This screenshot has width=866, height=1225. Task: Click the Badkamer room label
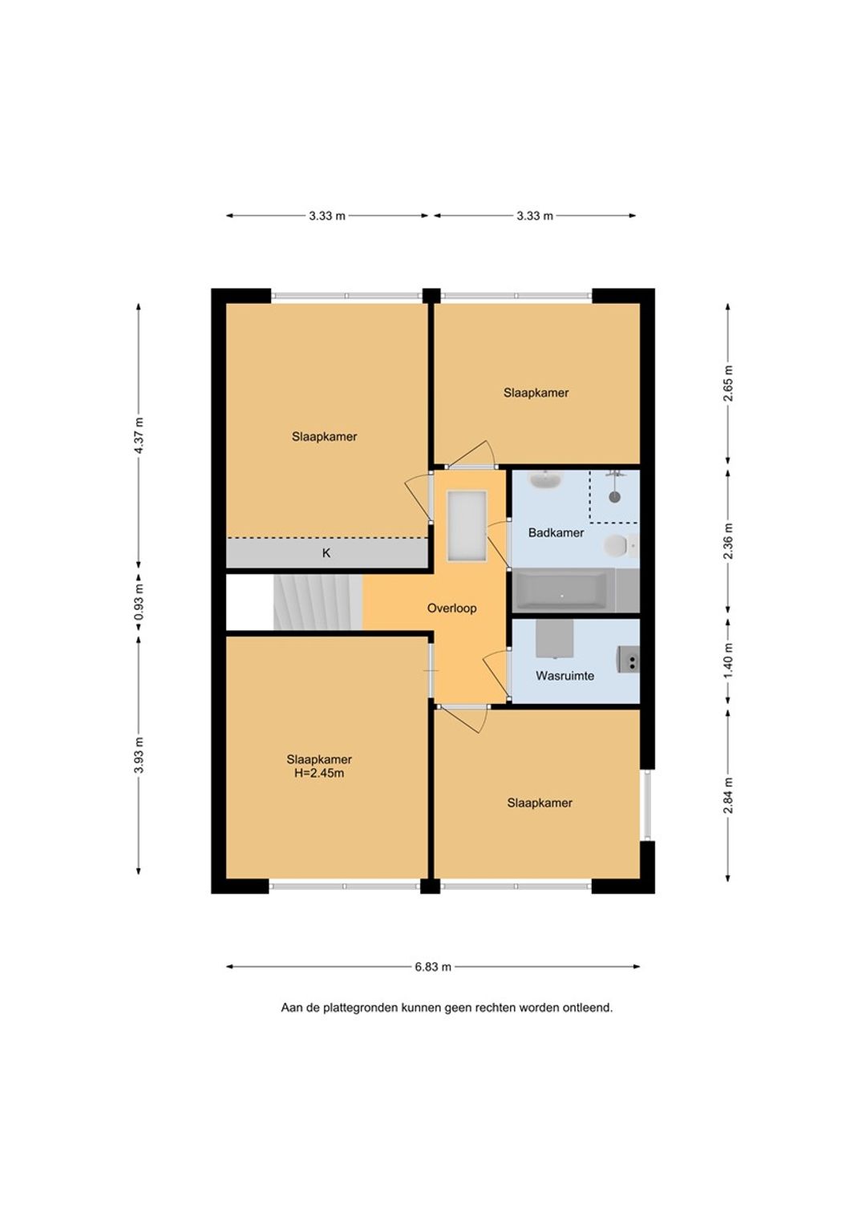[555, 532]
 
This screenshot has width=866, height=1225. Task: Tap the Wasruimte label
[565, 675]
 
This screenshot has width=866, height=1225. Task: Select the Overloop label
[451, 608]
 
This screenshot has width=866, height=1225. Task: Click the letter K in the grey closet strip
[326, 553]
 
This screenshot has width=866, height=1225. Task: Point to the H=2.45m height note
[319, 773]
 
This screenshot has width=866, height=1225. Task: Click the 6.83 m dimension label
[433, 967]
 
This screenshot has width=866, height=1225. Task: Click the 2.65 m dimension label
[727, 383]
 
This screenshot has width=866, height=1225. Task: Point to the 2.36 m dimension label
[727, 541]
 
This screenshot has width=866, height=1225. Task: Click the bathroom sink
[544, 479]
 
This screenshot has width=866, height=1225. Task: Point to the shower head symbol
[616, 496]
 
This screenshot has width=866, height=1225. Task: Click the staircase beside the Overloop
[318, 602]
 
